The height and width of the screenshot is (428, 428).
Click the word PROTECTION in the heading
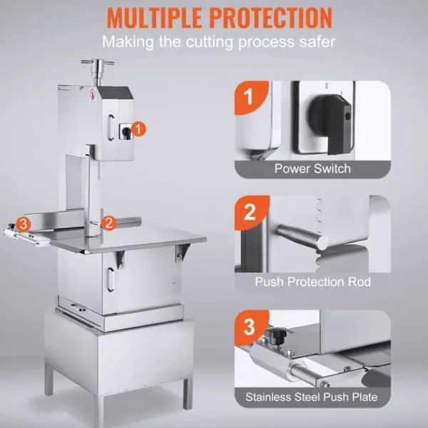point(272,17)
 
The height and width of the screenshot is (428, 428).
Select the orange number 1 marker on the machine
point(138,129)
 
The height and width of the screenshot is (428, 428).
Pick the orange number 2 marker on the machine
point(108,223)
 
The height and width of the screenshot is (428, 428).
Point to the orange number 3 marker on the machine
point(24,225)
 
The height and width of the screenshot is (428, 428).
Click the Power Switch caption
point(312,168)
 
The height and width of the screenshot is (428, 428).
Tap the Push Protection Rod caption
point(313,282)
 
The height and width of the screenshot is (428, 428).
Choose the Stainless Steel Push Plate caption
point(312,397)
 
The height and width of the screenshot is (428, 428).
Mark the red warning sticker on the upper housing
point(93,96)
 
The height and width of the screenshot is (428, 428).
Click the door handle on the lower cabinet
point(111,279)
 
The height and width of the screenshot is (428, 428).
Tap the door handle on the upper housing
point(111,128)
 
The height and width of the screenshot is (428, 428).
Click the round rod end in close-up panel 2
point(322,243)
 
